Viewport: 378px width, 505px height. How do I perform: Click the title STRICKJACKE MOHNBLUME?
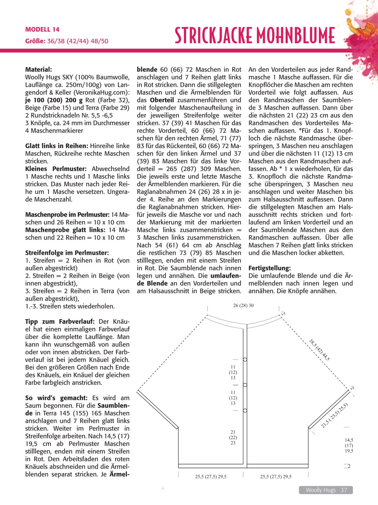pyautogui.click(x=255, y=35)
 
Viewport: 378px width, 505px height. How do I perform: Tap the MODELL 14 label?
pyautogui.click(x=42, y=30)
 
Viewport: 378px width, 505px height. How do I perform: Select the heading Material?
pyautogui.click(x=38, y=69)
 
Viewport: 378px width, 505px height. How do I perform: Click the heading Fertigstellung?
pyautogui.click(x=270, y=268)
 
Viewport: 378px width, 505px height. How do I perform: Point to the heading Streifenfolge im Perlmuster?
pyautogui.click(x=67, y=253)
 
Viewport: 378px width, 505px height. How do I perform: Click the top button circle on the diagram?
pyautogui.click(x=245, y=360)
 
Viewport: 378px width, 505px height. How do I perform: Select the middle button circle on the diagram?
pyautogui.click(x=245, y=385)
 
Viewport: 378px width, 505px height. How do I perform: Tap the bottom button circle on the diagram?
pyautogui.click(x=245, y=410)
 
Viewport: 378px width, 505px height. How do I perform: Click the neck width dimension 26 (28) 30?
pyautogui.click(x=243, y=305)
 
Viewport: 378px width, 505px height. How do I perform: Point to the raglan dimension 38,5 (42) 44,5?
pyautogui.click(x=319, y=350)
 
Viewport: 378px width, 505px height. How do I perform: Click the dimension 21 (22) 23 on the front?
pyautogui.click(x=233, y=437)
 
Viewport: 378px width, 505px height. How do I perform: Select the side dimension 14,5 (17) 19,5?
pyautogui.click(x=349, y=445)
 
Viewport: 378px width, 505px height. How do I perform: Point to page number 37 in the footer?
pyautogui.click(x=344, y=490)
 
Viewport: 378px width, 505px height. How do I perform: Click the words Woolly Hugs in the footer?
pyautogui.click(x=321, y=490)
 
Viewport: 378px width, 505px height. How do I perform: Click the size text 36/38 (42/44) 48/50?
pyautogui.click(x=78, y=41)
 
